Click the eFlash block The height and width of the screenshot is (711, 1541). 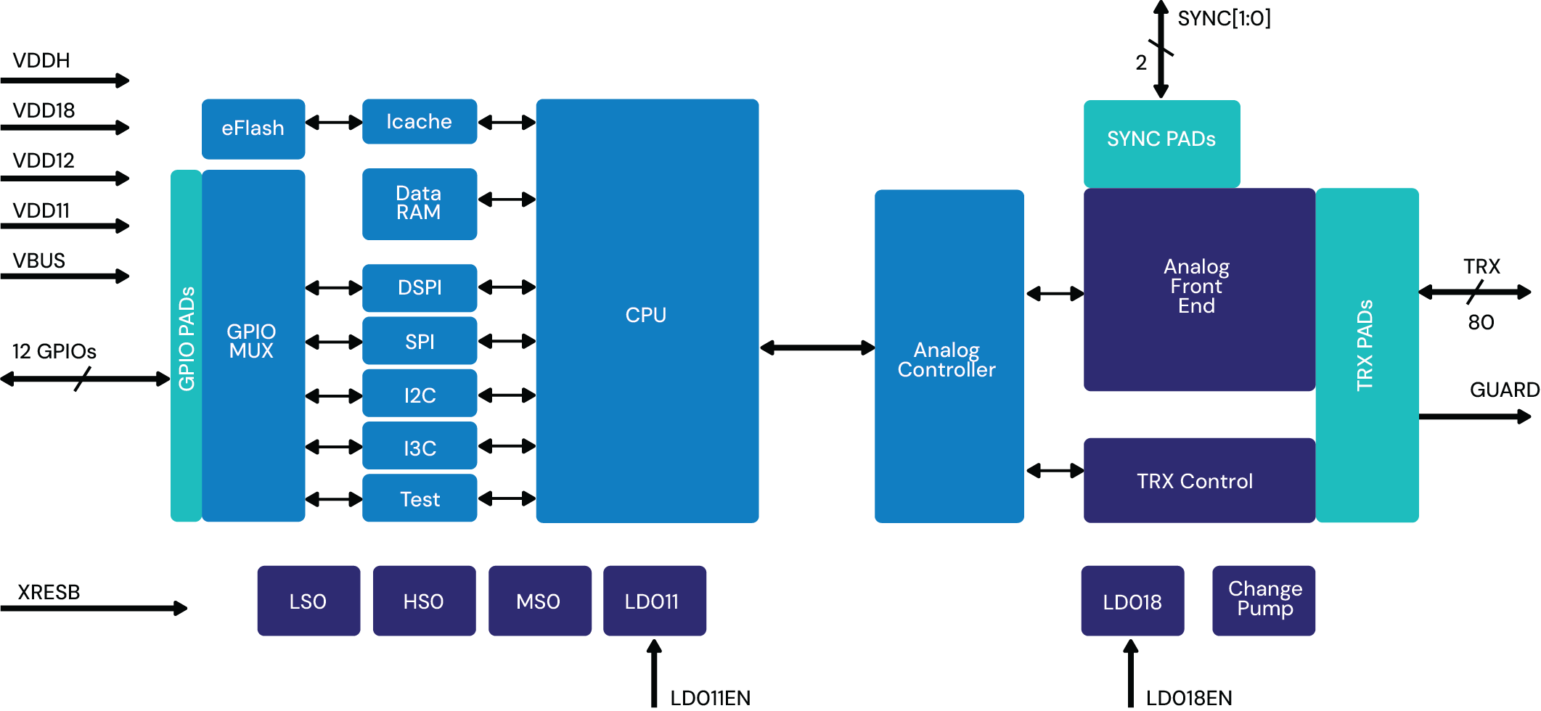click(x=253, y=128)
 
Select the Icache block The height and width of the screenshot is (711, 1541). click(x=420, y=121)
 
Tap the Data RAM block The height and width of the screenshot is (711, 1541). click(x=420, y=203)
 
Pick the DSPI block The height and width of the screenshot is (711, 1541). click(x=420, y=288)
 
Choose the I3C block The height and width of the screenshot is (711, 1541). click(x=420, y=448)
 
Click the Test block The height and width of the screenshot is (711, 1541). click(x=420, y=499)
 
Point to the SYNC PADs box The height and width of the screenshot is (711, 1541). click(x=1161, y=139)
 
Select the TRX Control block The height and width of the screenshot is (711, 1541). click(x=1195, y=481)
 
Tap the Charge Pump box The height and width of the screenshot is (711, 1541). click(x=1264, y=599)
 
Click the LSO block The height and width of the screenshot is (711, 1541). click(x=308, y=601)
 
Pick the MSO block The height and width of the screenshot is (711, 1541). click(x=539, y=601)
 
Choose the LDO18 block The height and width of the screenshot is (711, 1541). click(x=1132, y=601)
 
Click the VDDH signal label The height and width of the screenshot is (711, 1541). click(x=41, y=60)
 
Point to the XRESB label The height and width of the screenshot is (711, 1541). click(x=49, y=592)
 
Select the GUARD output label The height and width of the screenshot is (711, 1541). click(x=1504, y=390)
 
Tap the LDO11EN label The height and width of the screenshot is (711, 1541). click(x=710, y=698)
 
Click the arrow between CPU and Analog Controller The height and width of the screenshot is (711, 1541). click(x=817, y=348)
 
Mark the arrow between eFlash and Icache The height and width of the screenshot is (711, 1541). click(x=334, y=123)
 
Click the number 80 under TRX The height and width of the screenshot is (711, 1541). click(x=1481, y=322)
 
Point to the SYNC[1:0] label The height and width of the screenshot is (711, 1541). click(x=1224, y=18)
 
